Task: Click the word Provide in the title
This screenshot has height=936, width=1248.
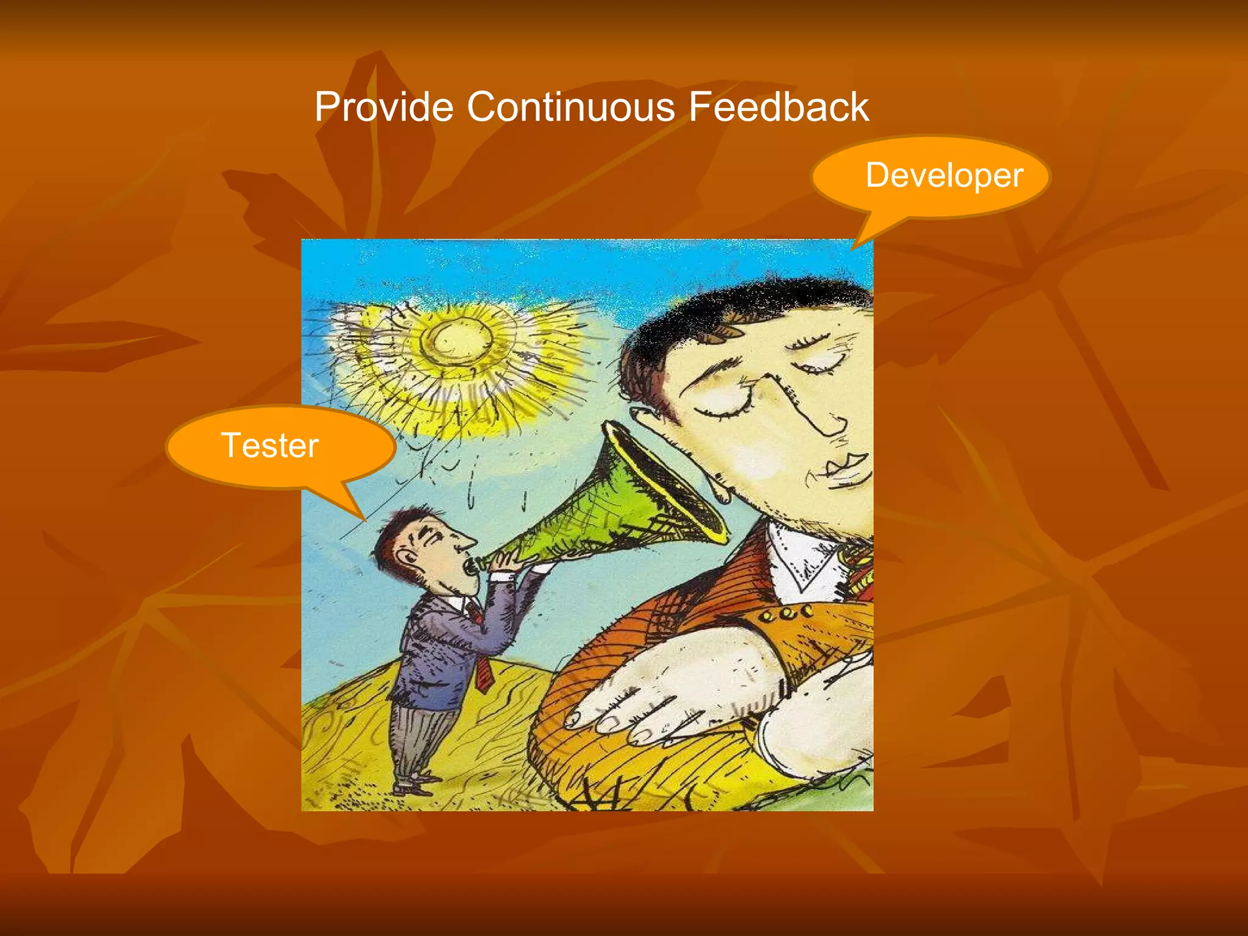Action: point(384,107)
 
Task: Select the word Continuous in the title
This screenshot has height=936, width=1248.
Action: point(571,107)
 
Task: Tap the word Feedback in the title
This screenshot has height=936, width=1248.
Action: point(778,107)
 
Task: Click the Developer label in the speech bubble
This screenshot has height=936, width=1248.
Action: point(944,175)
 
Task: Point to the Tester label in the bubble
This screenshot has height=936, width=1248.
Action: point(270,445)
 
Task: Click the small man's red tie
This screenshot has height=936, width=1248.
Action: point(483,670)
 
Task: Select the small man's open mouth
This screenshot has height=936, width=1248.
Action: point(470,566)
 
